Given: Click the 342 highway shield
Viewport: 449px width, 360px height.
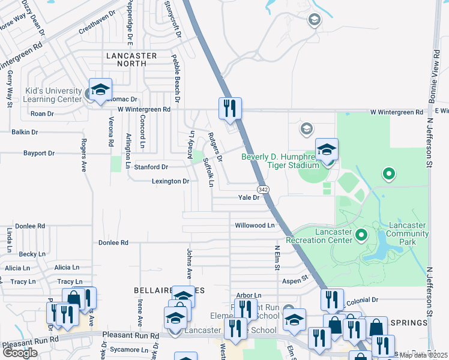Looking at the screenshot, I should tap(265, 189).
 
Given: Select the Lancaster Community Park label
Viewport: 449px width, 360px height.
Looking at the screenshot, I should tap(408, 233).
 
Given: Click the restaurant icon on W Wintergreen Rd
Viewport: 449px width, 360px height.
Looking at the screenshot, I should tap(230, 109).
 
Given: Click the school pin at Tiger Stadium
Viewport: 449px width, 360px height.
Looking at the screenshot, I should tap(327, 150).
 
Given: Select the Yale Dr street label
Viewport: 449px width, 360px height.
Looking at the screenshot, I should tap(248, 197).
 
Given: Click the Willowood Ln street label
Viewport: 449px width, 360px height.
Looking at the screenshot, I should tap(254, 226).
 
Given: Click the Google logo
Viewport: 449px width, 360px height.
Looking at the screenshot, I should tap(20, 353).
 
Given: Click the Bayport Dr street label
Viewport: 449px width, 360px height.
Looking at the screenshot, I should tap(39, 153).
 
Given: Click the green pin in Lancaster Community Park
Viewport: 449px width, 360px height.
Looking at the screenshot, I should tap(388, 175).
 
